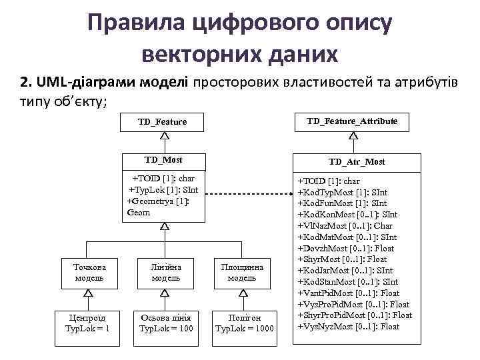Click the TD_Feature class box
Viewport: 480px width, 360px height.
tap(163, 122)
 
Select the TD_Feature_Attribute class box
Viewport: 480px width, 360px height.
tap(353, 121)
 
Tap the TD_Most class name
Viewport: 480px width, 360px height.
tap(163, 161)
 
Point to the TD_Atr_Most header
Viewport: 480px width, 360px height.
tap(357, 162)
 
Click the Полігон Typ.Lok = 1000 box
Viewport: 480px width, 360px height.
tap(245, 323)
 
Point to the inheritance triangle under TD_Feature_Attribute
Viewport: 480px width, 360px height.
tap(353, 135)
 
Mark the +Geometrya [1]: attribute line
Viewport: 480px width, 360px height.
tap(159, 201)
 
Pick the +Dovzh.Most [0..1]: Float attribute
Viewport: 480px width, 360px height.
tap(350, 248)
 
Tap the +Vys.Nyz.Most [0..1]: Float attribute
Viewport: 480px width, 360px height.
tap(348, 327)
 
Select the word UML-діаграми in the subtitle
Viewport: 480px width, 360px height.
tap(87, 83)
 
